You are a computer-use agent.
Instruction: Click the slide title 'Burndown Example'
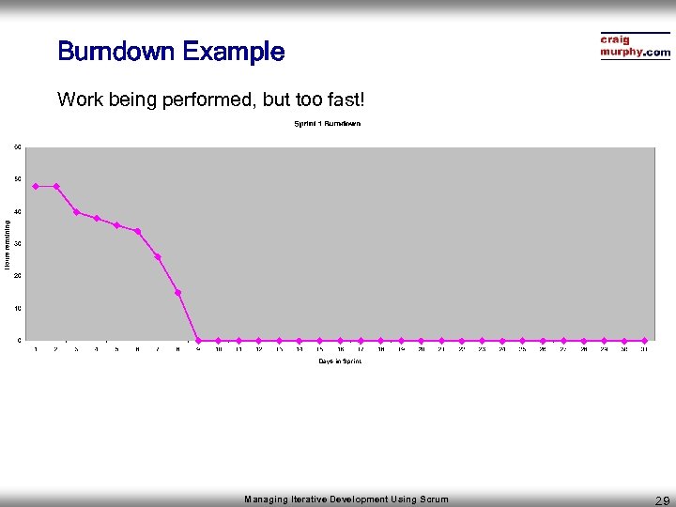point(170,51)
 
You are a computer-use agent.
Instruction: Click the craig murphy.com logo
point(636,46)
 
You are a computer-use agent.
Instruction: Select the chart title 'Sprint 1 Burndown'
point(328,123)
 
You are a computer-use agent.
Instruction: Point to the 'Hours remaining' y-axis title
point(7,244)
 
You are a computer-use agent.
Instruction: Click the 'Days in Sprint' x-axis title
point(339,361)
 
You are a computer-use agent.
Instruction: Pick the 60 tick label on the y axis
point(18,146)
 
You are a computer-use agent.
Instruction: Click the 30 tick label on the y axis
point(18,243)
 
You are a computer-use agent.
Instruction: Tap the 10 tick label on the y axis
point(18,308)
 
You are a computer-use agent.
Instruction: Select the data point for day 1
point(36,186)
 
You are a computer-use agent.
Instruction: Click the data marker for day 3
point(76,212)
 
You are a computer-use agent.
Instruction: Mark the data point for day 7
point(158,256)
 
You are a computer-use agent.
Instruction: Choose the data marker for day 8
point(177,292)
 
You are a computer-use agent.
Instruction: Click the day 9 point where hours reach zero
point(198,340)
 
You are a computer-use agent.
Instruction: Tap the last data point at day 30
point(644,340)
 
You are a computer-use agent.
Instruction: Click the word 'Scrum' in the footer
point(434,499)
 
